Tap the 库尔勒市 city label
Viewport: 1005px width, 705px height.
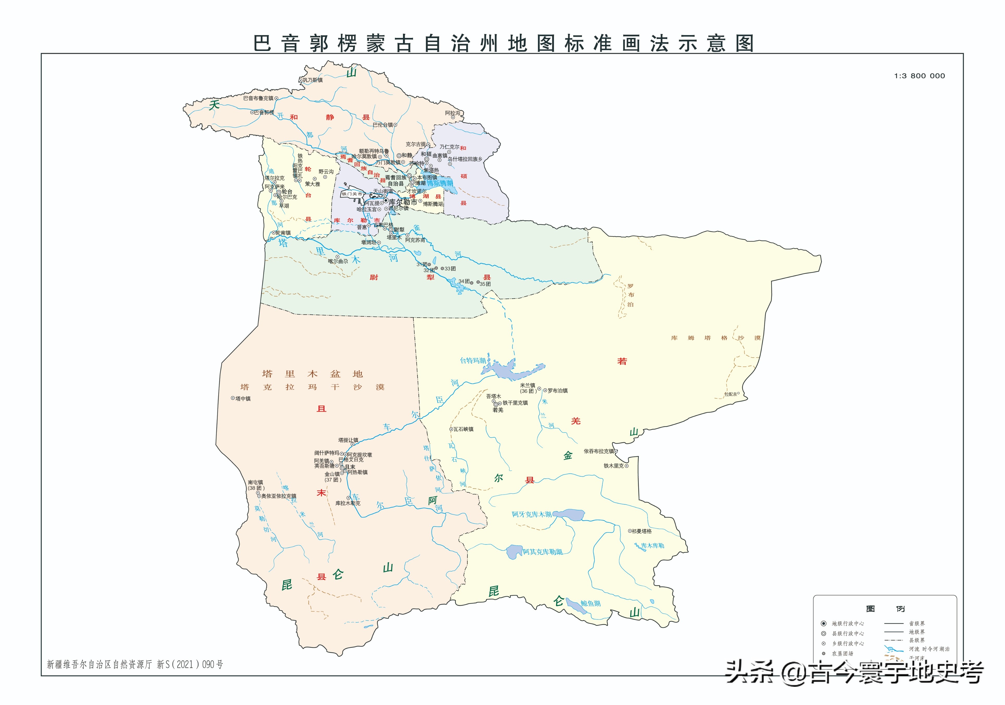[403, 202]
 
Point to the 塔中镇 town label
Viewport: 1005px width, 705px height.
[243, 398]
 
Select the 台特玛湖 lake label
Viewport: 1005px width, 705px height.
[473, 360]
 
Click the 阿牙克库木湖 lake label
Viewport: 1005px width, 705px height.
[532, 514]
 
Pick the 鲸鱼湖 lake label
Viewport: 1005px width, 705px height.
[591, 604]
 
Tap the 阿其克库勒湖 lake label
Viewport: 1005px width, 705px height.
[542, 552]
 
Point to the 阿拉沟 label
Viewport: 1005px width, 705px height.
[453, 113]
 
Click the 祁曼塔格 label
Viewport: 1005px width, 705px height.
[642, 531]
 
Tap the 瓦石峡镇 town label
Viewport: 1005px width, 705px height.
[463, 429]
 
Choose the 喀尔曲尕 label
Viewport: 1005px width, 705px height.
[338, 261]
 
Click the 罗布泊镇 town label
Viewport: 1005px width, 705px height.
[557, 391]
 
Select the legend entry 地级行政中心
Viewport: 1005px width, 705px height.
[848, 623]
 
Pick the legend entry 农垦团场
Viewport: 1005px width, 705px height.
[843, 653]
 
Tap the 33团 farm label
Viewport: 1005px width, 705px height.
[450, 268]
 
